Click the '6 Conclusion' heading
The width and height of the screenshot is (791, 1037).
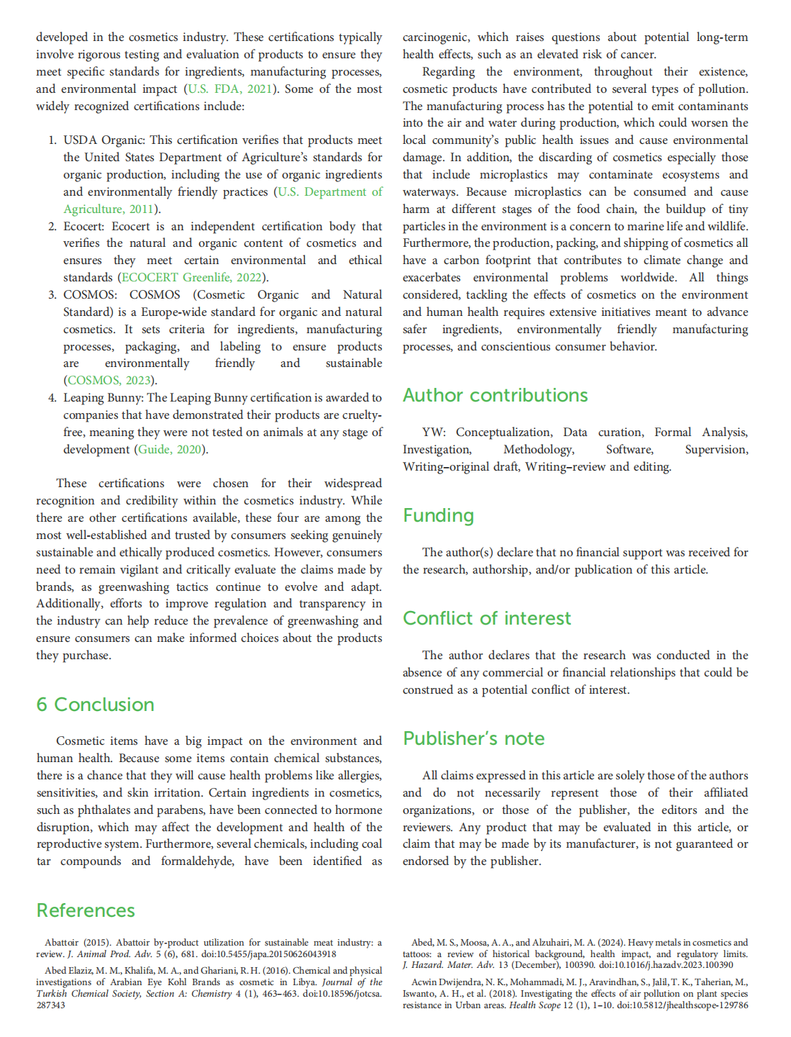pyautogui.click(x=95, y=705)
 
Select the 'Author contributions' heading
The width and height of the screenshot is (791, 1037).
pyautogui.click(x=495, y=395)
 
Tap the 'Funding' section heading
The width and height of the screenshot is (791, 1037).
pyautogui.click(x=438, y=515)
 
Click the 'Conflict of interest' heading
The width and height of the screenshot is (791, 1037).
pyautogui.click(x=486, y=618)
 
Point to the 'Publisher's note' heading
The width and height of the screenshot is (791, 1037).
pyautogui.click(x=473, y=738)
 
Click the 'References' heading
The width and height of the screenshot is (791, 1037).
pyautogui.click(x=86, y=910)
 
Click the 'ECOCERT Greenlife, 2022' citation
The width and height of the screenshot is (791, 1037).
pyautogui.click(x=191, y=278)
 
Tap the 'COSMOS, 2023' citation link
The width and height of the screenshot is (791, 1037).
pyautogui.click(x=109, y=381)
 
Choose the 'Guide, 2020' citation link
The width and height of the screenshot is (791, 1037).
pyautogui.click(x=170, y=450)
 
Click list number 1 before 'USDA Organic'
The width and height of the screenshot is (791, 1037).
pyautogui.click(x=52, y=140)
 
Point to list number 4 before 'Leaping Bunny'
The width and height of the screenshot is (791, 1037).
pyautogui.click(x=52, y=398)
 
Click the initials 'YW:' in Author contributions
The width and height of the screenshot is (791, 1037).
pyautogui.click(x=434, y=433)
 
